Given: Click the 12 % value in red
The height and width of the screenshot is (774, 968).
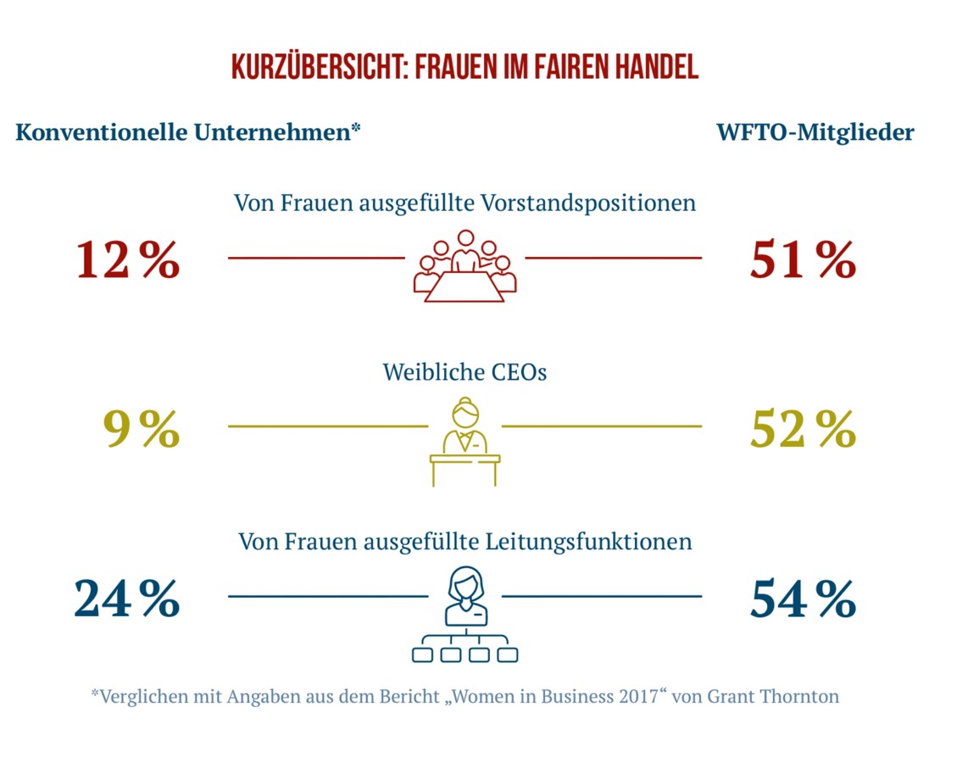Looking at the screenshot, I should pos(128,259).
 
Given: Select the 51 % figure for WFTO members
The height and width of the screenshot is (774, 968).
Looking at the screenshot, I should pos(802,259).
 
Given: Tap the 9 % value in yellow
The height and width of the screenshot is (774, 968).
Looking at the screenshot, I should pos(141,429).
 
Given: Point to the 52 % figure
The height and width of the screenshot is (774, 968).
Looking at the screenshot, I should pos(802,429).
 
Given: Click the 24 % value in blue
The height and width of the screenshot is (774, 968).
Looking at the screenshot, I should pos(127,599).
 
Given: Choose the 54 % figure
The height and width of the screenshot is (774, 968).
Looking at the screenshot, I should pos(802,599).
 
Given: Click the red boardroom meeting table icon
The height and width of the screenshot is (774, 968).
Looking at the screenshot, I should pos(465,265).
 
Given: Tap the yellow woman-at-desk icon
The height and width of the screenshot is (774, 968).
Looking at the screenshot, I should pos(465,441).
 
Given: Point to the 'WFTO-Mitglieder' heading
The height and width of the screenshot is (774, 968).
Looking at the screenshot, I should pos(815,133).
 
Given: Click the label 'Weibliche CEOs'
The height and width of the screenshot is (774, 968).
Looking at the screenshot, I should pos(465,371).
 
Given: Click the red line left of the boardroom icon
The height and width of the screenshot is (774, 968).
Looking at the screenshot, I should pos(316,257).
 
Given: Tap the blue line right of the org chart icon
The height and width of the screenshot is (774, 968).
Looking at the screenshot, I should pos(602,596).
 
